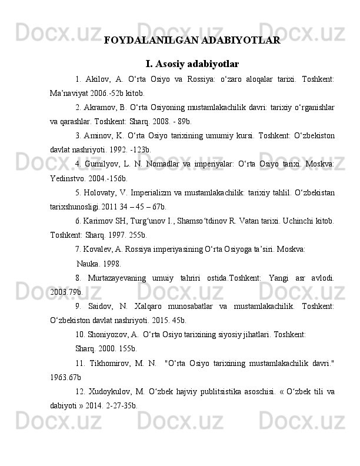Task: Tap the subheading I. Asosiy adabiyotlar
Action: (x=192, y=63)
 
